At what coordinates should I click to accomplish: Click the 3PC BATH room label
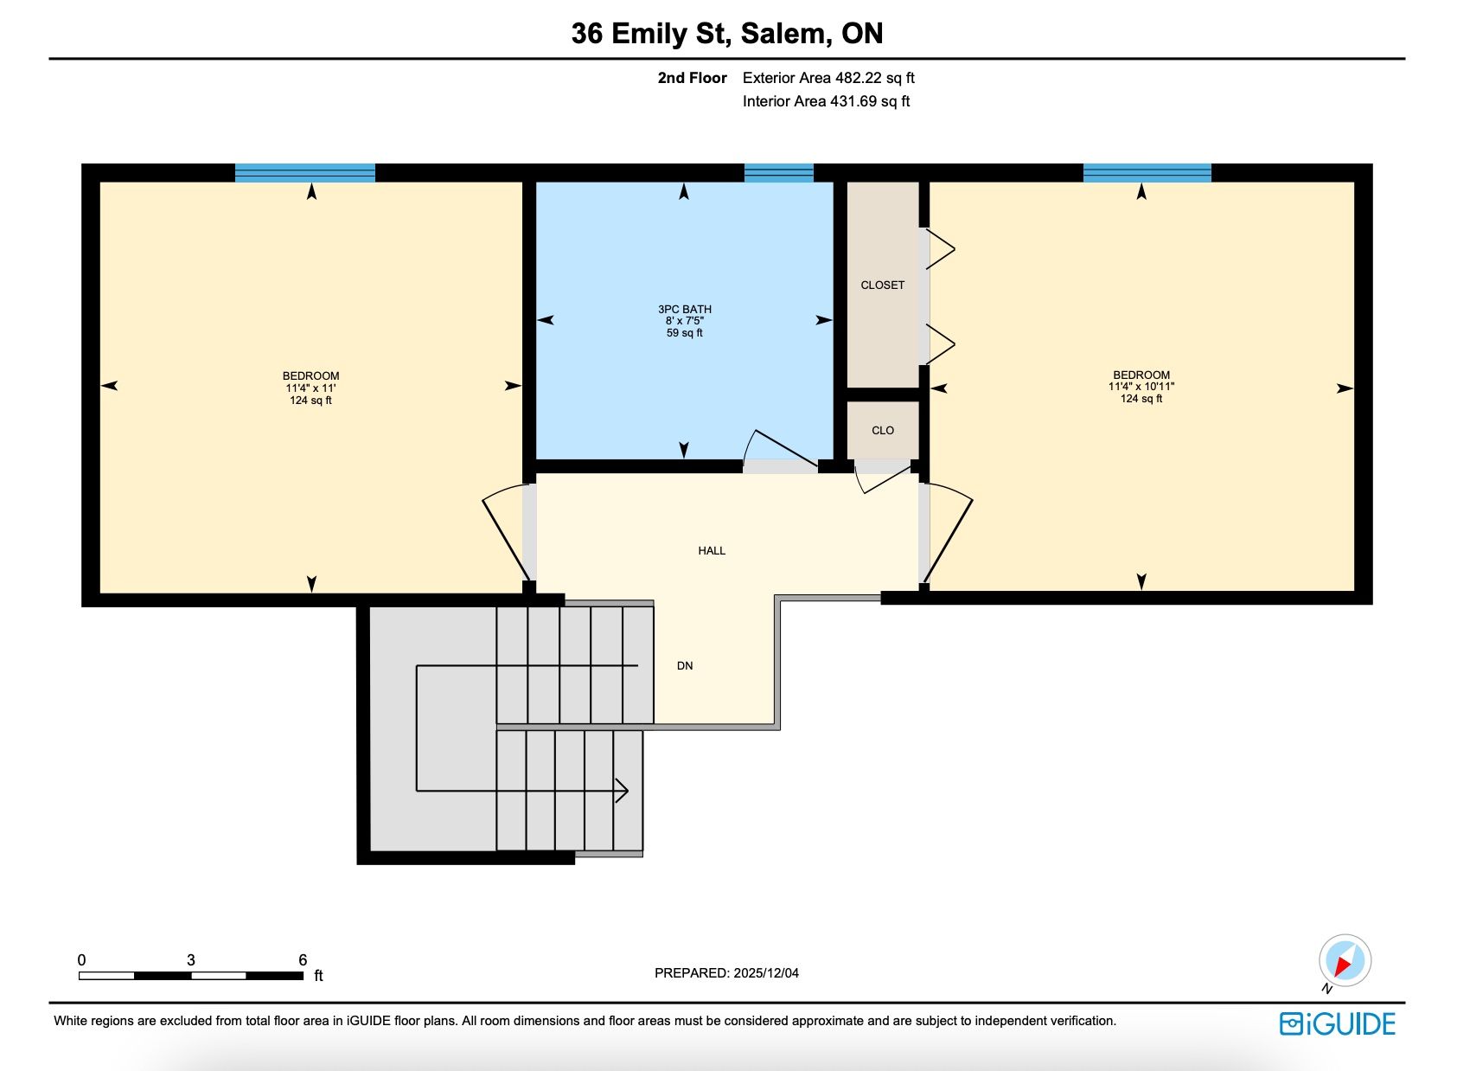pyautogui.click(x=684, y=309)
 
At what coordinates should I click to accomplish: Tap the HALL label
pyautogui.click(x=712, y=550)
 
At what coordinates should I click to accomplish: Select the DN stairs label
pyautogui.click(x=685, y=665)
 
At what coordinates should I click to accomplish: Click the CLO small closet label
pyautogui.click(x=883, y=430)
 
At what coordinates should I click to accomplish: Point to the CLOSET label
pyautogui.click(x=883, y=285)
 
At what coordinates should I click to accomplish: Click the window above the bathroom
pyautogui.click(x=778, y=173)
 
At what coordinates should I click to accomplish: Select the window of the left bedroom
pyautogui.click(x=305, y=173)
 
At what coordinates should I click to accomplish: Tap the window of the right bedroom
pyautogui.click(x=1147, y=173)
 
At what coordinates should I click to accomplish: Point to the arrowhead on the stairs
pyautogui.click(x=622, y=791)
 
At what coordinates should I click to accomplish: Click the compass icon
pyautogui.click(x=1345, y=960)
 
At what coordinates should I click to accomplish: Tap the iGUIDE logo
pyautogui.click(x=1338, y=1024)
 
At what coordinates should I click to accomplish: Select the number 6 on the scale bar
pyautogui.click(x=303, y=959)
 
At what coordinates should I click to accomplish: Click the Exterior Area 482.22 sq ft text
pyautogui.click(x=828, y=78)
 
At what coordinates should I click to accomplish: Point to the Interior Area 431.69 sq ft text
pyautogui.click(x=826, y=101)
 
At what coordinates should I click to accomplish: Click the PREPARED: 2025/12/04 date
pyautogui.click(x=726, y=972)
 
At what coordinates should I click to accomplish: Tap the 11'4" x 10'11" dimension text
pyautogui.click(x=1141, y=387)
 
